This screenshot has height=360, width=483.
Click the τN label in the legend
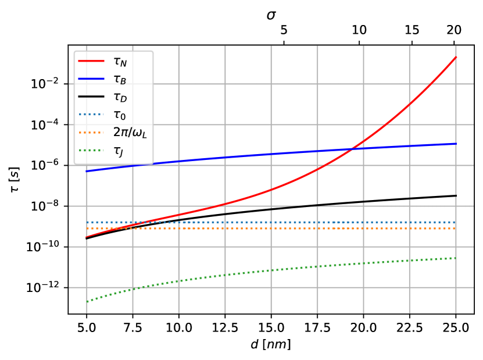[120, 62]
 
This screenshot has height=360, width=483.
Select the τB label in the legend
[120, 79]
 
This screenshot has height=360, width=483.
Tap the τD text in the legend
[120, 97]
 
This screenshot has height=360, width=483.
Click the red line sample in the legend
[91, 61]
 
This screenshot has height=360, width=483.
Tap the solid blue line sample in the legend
[91, 79]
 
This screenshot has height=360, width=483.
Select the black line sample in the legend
[91, 97]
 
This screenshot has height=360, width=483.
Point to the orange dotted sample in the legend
[91, 132]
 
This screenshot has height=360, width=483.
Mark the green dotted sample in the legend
[91, 150]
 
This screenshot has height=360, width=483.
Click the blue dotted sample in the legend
[91, 114]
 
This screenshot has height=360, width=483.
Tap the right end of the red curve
[456, 57]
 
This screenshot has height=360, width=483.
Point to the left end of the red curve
[87, 237]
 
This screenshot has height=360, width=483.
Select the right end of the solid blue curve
[456, 144]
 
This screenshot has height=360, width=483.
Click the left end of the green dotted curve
[87, 301]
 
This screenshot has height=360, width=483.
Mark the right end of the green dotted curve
[456, 258]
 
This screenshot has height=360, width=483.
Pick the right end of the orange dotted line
[456, 229]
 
